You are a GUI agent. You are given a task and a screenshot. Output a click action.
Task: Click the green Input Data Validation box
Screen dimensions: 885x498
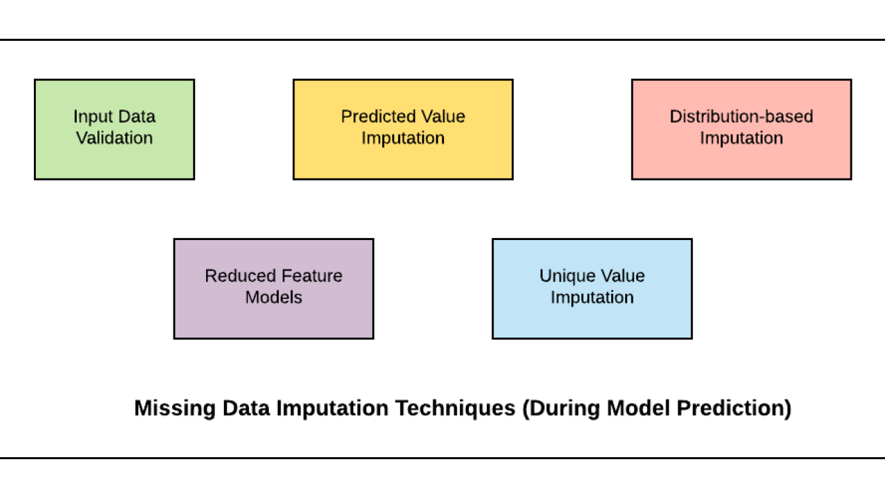115,129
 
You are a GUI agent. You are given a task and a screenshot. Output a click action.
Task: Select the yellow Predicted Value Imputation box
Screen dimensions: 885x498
403,129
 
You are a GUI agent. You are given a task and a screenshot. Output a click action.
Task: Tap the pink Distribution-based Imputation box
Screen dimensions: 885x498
742,129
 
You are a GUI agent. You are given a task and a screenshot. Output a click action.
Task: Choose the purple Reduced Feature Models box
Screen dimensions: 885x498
274,289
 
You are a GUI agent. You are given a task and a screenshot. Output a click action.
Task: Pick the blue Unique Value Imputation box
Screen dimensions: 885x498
593,289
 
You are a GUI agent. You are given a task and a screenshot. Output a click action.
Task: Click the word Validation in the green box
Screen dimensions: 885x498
115,138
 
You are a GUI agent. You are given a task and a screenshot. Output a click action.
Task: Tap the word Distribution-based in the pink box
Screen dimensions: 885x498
742,117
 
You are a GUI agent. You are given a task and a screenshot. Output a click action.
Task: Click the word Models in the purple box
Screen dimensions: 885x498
274,297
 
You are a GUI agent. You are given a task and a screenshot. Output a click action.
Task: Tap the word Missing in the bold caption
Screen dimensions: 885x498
175,408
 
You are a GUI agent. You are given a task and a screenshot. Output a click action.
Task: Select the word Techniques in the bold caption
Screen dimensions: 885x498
456,408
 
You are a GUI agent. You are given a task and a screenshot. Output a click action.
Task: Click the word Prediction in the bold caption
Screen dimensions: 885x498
734,408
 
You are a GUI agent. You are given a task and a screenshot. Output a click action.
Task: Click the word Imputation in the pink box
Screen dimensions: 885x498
742,138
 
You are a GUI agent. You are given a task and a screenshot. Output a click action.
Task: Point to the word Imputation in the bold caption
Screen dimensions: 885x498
333,408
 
